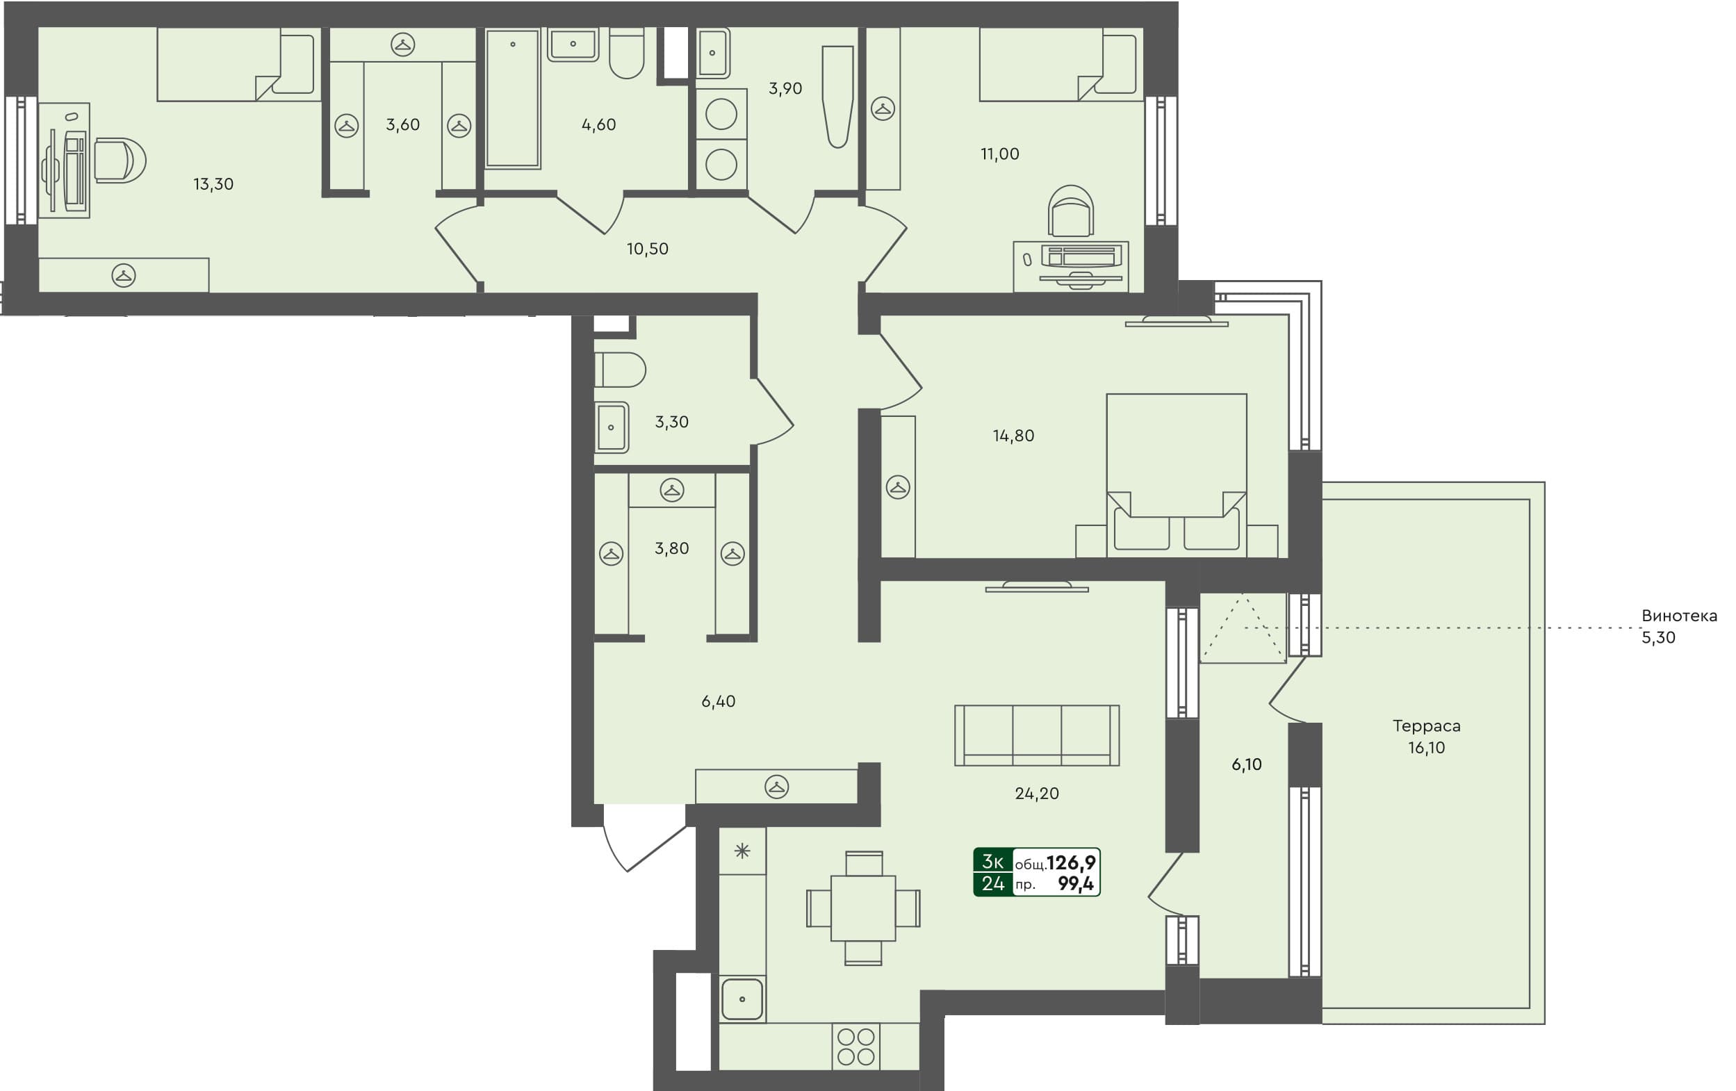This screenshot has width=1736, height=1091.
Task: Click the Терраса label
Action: (1426, 726)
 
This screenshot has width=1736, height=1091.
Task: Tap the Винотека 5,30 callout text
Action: (1678, 626)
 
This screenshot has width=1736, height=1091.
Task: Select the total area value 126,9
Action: (1071, 862)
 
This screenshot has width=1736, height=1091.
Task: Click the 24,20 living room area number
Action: (1037, 794)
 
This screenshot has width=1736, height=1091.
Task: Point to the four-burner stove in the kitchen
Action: (855, 1047)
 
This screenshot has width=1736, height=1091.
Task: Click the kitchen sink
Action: (742, 999)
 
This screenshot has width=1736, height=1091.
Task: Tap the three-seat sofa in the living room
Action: (1037, 735)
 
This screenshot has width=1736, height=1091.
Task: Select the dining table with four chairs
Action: (863, 908)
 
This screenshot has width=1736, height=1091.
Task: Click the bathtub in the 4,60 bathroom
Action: (513, 98)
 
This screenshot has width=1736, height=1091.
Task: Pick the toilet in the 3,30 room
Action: (620, 370)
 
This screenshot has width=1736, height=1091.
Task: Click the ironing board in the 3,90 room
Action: (837, 97)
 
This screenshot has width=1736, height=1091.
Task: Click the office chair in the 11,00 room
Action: (1071, 211)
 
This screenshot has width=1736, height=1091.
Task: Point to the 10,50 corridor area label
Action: (648, 249)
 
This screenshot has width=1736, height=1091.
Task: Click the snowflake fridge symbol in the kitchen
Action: (742, 851)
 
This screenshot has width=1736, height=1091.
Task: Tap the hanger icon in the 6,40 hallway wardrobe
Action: (776, 787)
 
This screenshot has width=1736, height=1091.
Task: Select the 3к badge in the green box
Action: (992, 861)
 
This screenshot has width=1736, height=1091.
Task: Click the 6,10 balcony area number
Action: (1247, 764)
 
